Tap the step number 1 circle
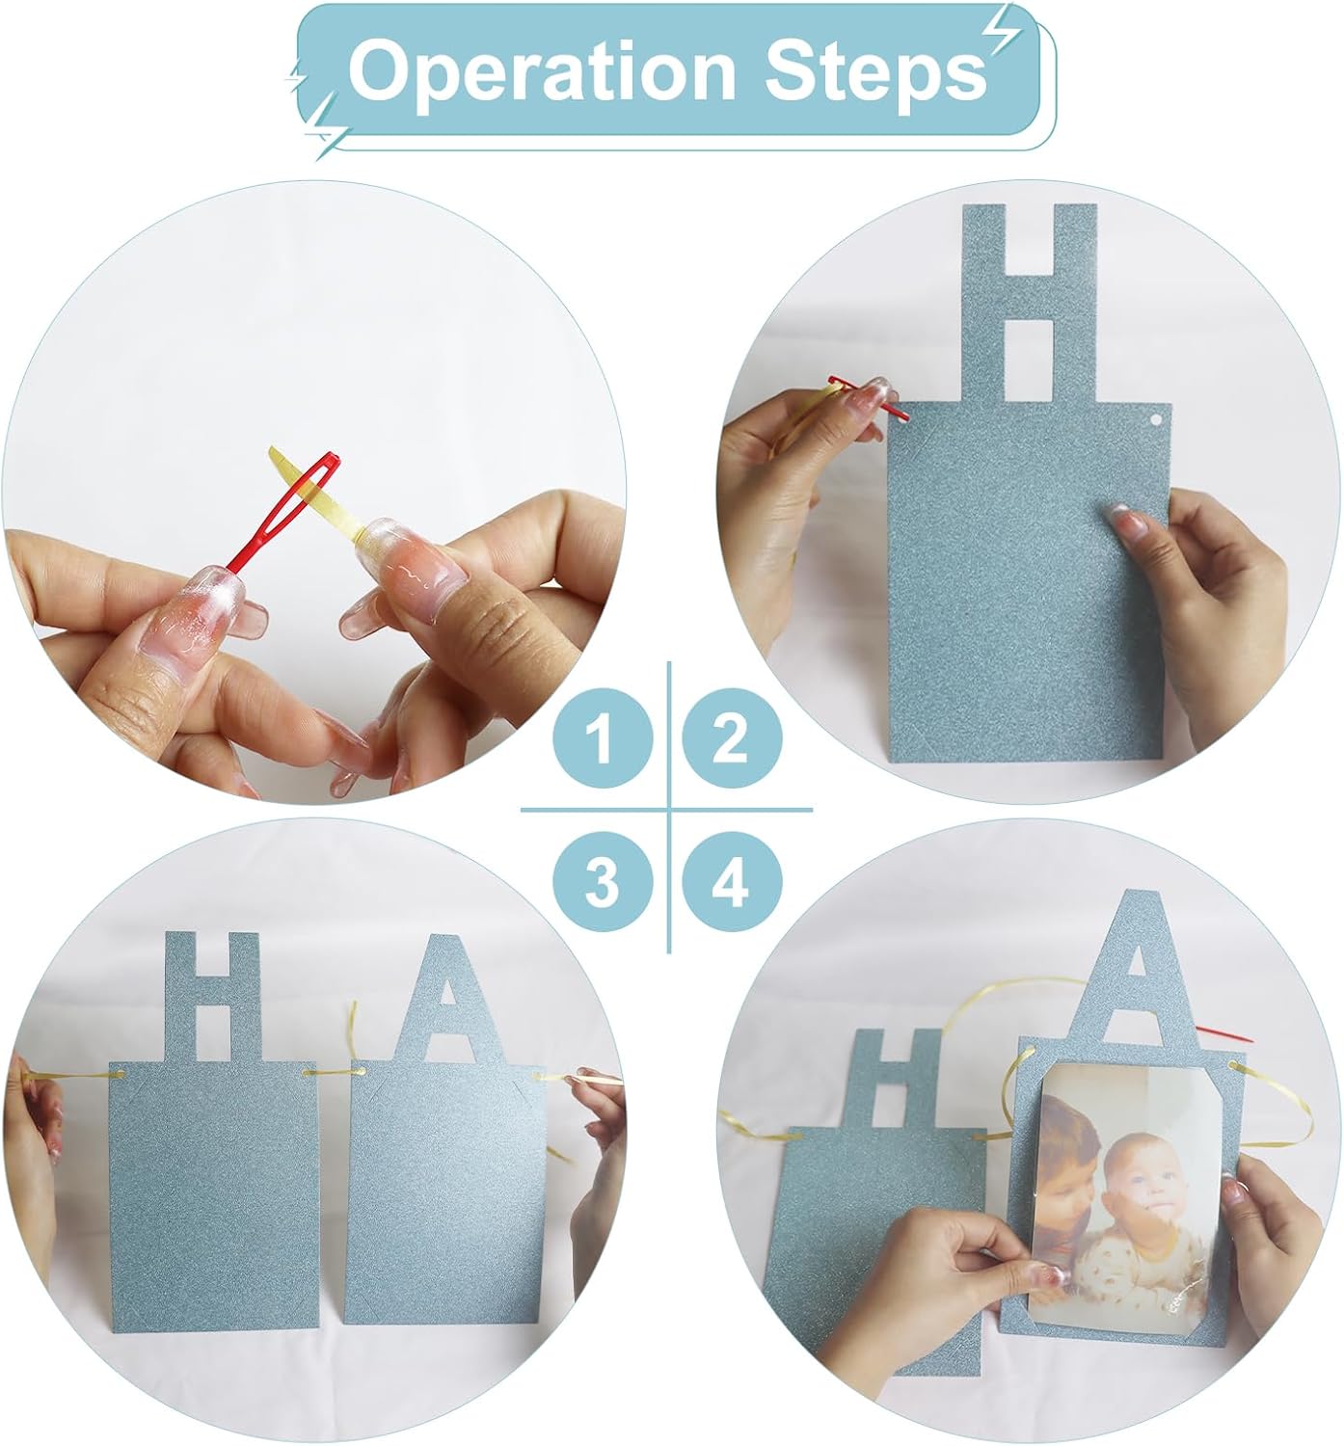point(602,739)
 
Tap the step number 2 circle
point(730,739)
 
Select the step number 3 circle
point(602,882)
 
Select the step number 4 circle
point(731,882)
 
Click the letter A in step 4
point(1138,974)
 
